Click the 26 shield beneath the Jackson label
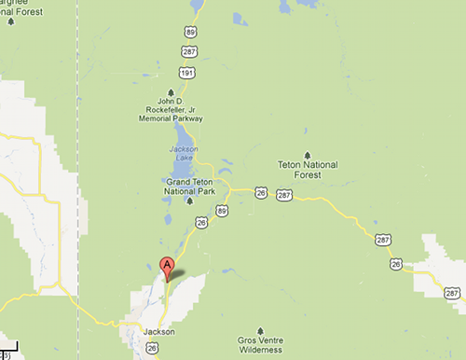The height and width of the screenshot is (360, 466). click(152, 348)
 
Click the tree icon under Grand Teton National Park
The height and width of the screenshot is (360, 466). click(190, 201)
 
